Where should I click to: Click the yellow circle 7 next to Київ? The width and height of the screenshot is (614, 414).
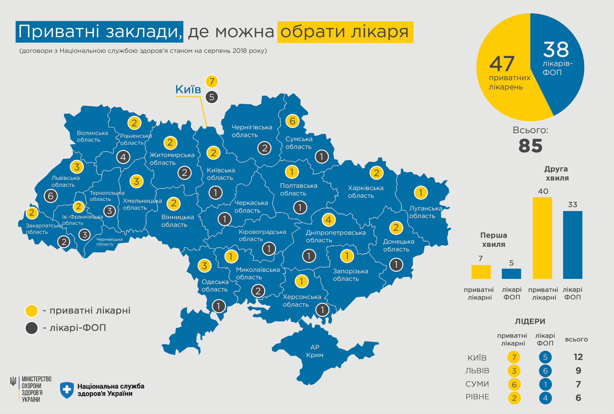211,81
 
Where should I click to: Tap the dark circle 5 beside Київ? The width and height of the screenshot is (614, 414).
211,97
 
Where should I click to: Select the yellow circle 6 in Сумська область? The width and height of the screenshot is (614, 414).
292,121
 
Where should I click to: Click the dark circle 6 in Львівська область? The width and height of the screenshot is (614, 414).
51,196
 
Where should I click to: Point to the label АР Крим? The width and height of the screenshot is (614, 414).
315,351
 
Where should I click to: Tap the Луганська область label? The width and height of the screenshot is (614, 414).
425,212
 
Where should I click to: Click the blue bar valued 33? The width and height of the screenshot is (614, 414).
573,245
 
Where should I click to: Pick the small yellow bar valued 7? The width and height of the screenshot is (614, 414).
481,272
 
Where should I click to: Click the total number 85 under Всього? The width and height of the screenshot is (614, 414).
530,146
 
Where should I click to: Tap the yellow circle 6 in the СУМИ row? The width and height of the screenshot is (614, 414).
514,385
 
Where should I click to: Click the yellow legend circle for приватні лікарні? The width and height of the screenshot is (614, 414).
31,310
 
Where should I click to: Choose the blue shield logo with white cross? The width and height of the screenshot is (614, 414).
67,390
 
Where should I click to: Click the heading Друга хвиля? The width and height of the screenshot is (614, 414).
557,173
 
